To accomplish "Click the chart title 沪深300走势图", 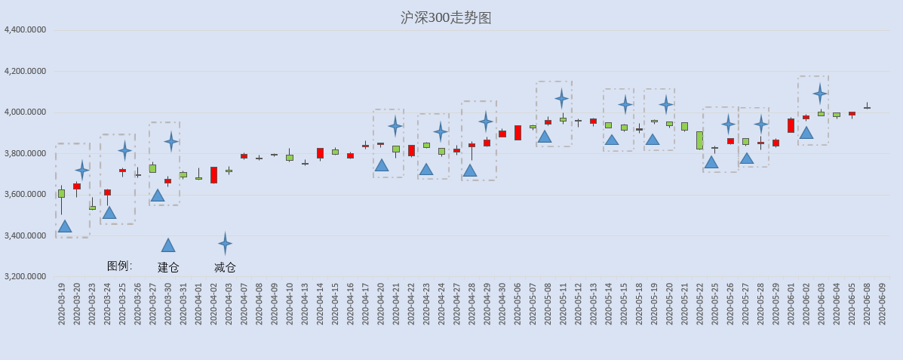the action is point(446,18).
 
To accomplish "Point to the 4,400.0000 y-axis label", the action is point(25,30).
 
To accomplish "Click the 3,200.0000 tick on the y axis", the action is point(25,277).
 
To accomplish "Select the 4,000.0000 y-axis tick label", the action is point(25,112).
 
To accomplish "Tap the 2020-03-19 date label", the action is point(62,303).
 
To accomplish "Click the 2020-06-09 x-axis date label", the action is point(883,303).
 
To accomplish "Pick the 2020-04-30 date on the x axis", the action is point(502,303).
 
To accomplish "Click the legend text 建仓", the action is point(168,267).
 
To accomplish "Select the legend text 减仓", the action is point(225,267).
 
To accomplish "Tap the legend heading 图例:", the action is point(120,266).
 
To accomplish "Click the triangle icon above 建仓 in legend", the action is point(168,245).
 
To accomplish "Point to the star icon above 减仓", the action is point(225,244).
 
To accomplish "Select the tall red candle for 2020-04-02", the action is point(213,175).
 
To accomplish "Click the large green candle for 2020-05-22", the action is point(700,140).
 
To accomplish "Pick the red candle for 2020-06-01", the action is point(791,125).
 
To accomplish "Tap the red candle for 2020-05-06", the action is point(518,133).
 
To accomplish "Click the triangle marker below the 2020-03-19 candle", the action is point(65,226).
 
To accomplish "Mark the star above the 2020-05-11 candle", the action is point(561,99).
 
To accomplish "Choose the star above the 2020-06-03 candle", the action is point(821,93).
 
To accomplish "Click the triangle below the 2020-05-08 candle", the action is point(545,137).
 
